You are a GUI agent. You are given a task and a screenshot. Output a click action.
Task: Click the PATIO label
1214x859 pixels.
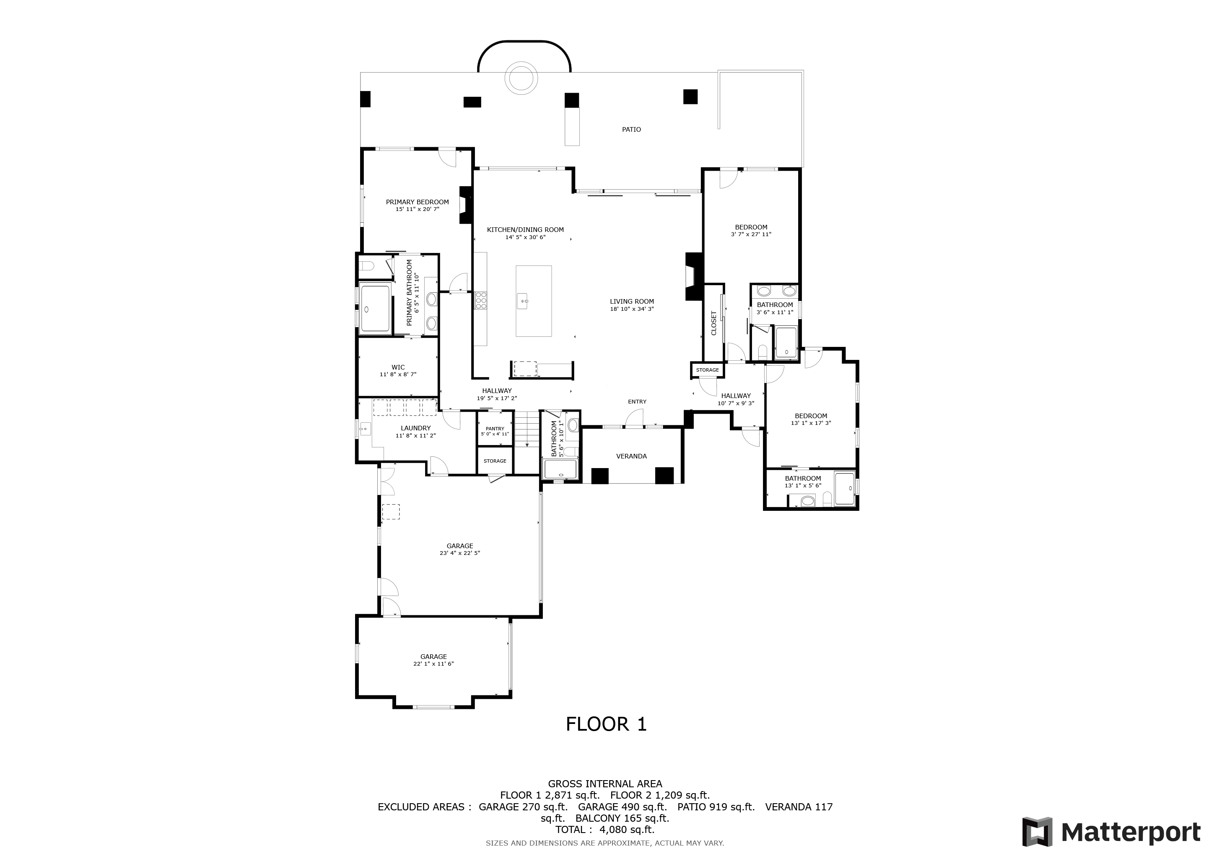[x=631, y=130]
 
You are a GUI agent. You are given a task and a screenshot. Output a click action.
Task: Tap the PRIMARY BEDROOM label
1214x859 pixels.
[x=417, y=202]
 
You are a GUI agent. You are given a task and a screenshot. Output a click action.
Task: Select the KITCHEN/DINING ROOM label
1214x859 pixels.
[x=525, y=229]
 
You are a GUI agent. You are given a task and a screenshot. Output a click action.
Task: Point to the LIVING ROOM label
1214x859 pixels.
[x=632, y=302]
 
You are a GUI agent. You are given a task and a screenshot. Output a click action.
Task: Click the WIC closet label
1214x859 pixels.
[x=398, y=367]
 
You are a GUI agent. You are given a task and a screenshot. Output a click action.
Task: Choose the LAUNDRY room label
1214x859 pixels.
[x=415, y=428]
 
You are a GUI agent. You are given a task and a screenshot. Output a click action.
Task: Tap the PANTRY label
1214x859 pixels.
[x=495, y=428]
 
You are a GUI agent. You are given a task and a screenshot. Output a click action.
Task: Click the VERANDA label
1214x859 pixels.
[x=631, y=456]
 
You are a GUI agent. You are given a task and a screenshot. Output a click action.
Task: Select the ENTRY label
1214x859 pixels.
[x=637, y=401]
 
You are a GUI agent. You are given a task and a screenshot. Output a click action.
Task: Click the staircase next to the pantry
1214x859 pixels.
[x=527, y=428]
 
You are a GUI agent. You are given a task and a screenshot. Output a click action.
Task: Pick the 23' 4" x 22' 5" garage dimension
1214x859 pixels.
[x=459, y=553]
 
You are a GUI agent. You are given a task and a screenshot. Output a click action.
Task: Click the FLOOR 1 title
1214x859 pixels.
[x=606, y=724]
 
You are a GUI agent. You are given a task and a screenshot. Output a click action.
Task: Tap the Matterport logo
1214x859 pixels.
[x=1111, y=832]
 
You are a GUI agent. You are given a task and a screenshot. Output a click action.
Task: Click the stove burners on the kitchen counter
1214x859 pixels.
[x=481, y=300]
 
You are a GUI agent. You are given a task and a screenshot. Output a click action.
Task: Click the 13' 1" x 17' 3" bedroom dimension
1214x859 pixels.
[x=811, y=423]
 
